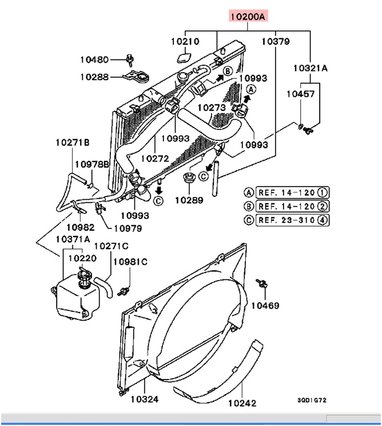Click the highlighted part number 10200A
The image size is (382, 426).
click(x=248, y=17)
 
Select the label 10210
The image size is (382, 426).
click(x=185, y=42)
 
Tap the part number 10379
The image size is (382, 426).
click(x=276, y=42)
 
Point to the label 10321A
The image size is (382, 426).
click(x=311, y=68)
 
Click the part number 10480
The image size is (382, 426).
click(x=94, y=59)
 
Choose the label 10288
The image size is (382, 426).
click(x=94, y=76)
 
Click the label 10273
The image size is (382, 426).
click(x=212, y=107)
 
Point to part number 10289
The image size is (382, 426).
click(x=189, y=200)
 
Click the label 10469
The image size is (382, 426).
click(x=265, y=306)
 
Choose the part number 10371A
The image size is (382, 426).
click(x=72, y=239)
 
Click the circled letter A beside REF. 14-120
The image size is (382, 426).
click(x=249, y=192)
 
